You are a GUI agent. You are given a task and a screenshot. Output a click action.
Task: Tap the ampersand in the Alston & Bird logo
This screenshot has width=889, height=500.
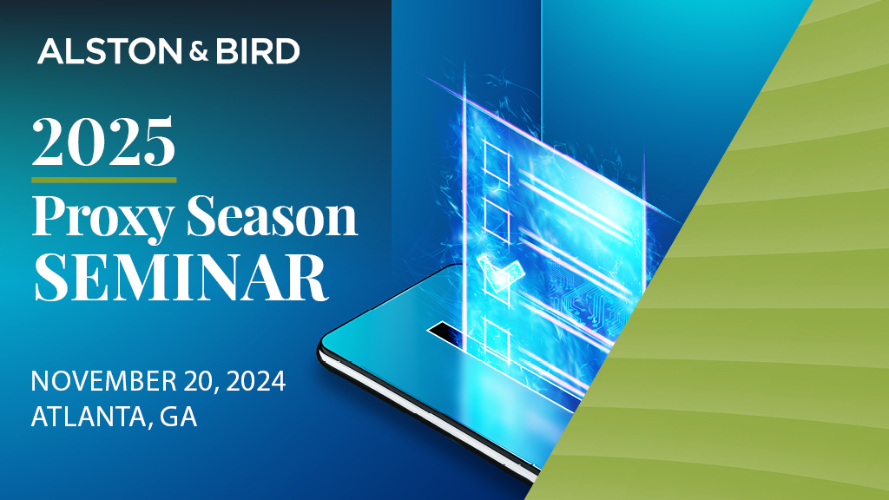[x=194, y=52]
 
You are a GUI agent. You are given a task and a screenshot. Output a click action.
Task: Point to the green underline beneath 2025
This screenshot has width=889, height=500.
[x=103, y=180]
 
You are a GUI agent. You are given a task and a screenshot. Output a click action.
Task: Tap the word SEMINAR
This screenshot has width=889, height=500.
[x=180, y=276]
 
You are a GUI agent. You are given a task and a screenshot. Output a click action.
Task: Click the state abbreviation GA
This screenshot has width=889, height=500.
[x=179, y=417]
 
